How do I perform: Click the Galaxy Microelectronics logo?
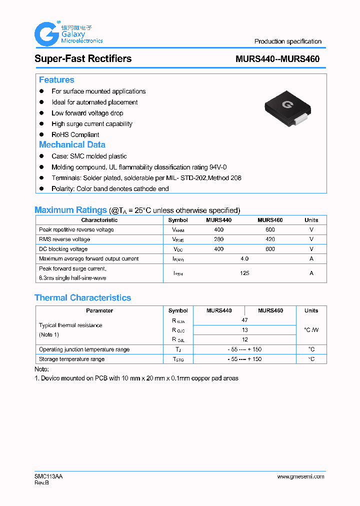pos(68,34)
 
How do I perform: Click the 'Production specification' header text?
pos(287,41)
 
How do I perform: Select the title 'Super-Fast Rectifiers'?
pos(83,58)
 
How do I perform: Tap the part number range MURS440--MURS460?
pos(277,59)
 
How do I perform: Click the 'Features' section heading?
pos(56,80)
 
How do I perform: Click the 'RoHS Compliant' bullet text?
pos(75,134)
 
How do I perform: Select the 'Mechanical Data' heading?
pos(72,144)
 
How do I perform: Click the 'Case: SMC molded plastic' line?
pos(89,156)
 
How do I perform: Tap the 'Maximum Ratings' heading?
pos(70,210)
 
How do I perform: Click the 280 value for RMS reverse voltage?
pos(218,239)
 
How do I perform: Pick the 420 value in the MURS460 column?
pos(270,239)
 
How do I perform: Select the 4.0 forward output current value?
pos(244,259)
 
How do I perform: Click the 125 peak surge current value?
pos(244,273)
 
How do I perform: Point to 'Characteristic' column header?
pos(99,220)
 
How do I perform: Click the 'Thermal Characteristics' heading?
pos(82,298)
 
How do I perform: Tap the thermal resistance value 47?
pos(244,320)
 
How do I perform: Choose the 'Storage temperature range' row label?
pos(71,359)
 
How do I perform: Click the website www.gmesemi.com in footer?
pos(300,476)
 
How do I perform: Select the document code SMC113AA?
pos(48,476)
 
